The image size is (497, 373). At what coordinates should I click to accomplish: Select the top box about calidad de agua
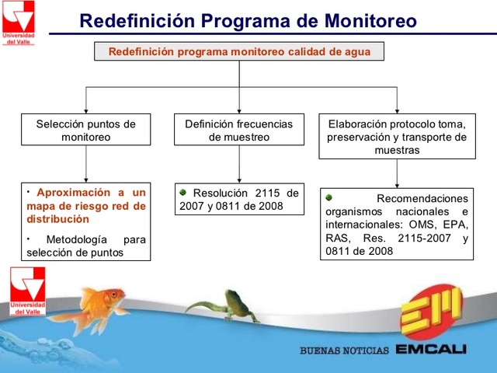[238, 52]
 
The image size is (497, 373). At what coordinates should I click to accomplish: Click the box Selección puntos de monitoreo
[85, 130]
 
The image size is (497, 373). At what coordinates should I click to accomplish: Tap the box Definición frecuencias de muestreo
[238, 130]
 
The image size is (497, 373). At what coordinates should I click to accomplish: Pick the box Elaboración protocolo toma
[397, 136]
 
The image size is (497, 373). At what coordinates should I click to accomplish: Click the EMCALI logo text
[430, 350]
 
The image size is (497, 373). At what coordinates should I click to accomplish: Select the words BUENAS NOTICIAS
[344, 350]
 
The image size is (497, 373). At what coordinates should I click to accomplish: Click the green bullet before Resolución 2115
[183, 192]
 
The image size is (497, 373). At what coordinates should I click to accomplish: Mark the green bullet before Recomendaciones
[329, 197]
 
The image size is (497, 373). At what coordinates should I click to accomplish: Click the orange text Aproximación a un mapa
[85, 205]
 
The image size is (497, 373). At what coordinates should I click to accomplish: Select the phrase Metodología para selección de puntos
[85, 246]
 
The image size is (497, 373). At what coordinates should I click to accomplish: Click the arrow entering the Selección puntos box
[85, 105]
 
